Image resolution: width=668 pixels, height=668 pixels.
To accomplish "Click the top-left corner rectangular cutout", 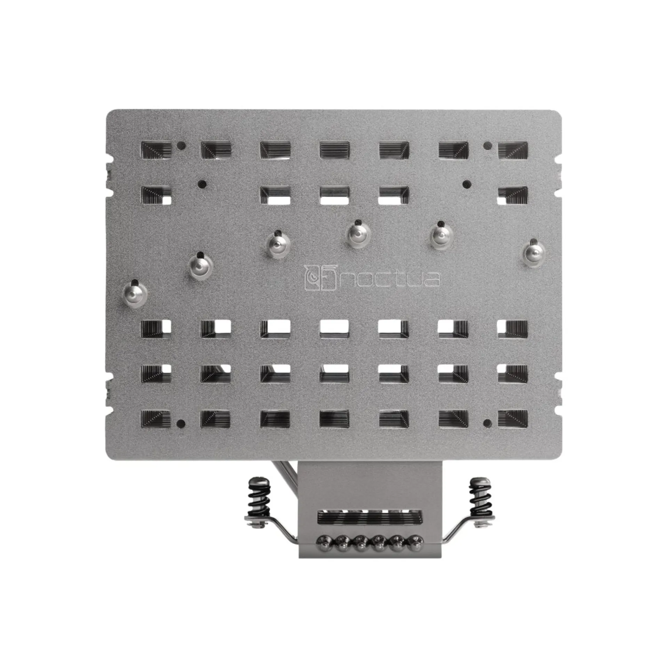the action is [x=157, y=150].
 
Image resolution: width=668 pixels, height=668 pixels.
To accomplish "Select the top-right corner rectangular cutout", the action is [x=513, y=150].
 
